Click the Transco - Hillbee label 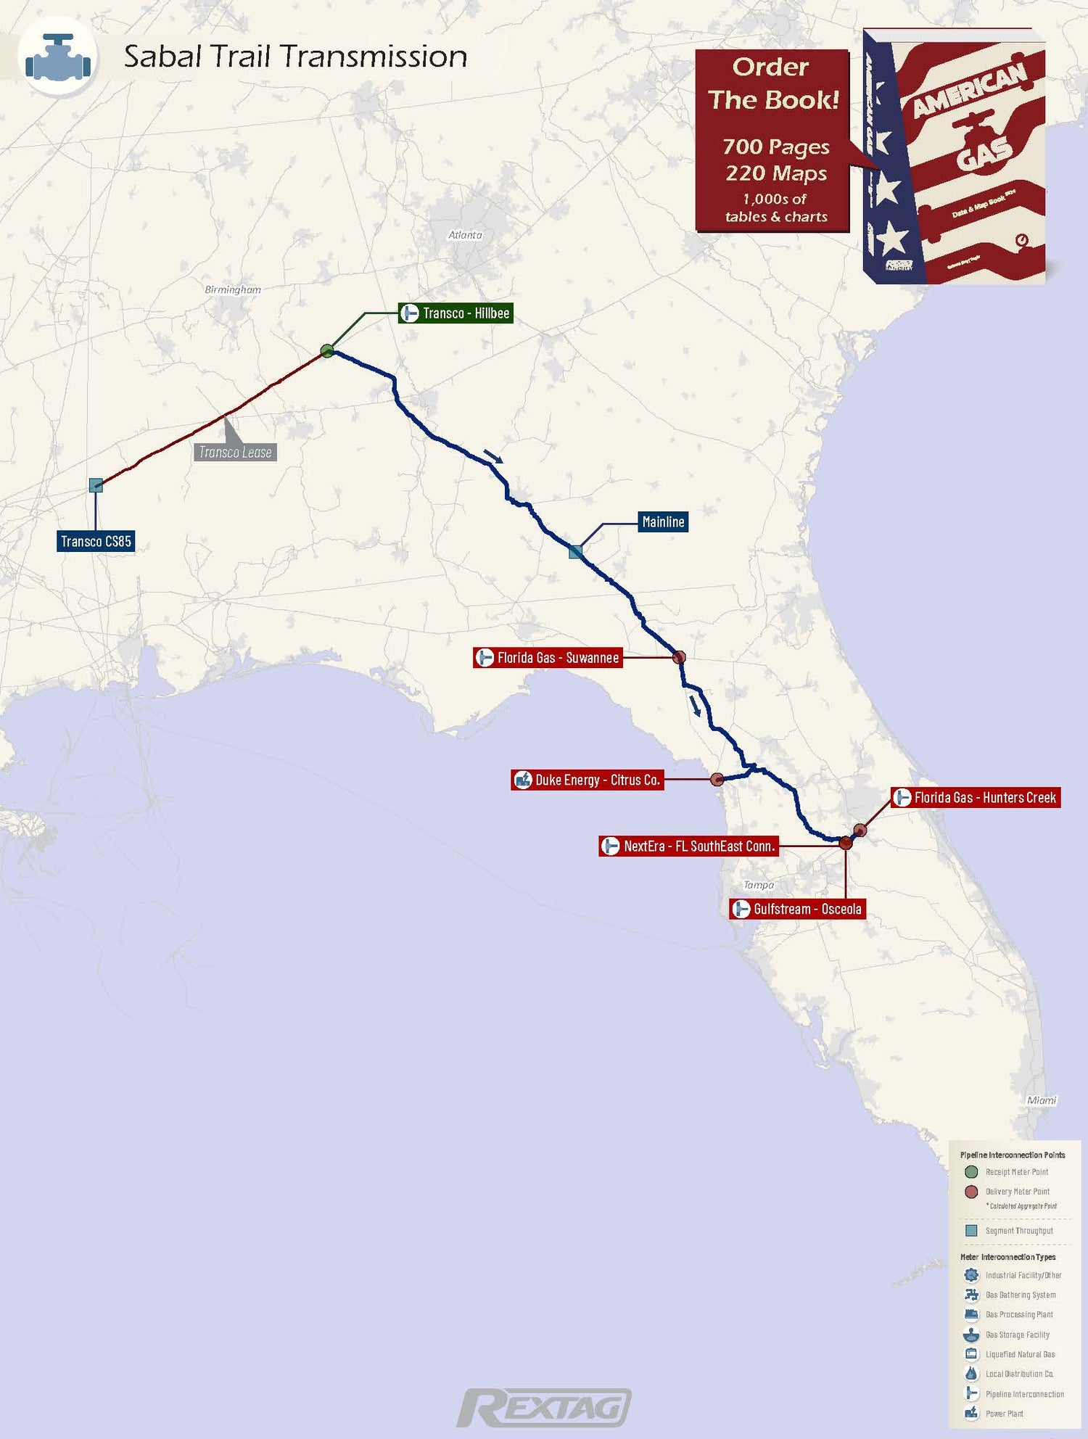pos(456,313)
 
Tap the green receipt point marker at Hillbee pos(327,351)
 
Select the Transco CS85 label pos(96,541)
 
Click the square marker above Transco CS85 pos(96,485)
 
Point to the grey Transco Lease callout pos(235,452)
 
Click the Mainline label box pos(663,521)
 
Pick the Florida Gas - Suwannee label pos(548,658)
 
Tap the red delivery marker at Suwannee pos(679,657)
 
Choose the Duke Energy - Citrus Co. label pos(588,780)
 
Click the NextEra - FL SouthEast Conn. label pos(688,846)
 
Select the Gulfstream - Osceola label pos(797,909)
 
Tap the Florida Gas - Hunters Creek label pos(976,797)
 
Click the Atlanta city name pos(465,235)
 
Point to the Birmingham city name pos(233,289)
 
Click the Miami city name pos(1042,1100)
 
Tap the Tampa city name pos(759,885)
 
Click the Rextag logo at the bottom pos(544,1408)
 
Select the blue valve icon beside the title pos(58,57)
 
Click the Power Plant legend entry pos(1004,1414)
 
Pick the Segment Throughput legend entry pos(1018,1231)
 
